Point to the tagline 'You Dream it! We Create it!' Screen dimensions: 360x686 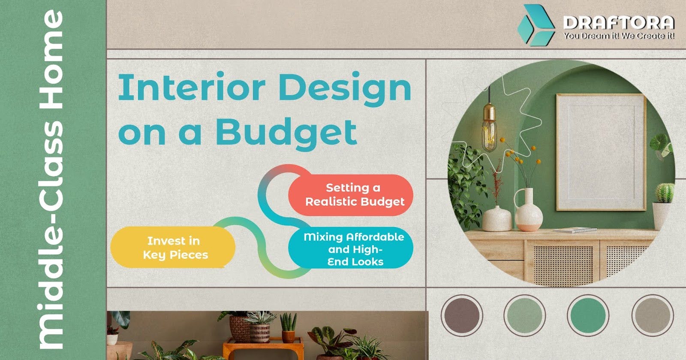click(619, 36)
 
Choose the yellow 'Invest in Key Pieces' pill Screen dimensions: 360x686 click(173, 248)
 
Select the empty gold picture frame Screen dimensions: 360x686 click(601, 152)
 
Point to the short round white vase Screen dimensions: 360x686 click(497, 218)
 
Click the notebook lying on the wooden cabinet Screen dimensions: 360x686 click(575, 230)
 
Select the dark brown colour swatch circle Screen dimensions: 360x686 click(462, 316)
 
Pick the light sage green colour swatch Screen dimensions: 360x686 click(524, 316)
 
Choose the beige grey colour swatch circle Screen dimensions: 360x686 click(652, 316)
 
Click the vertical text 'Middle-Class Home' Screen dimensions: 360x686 click(51, 180)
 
